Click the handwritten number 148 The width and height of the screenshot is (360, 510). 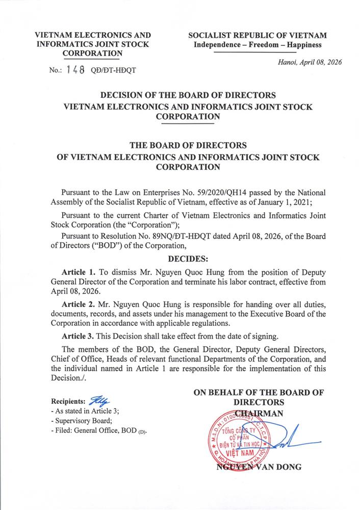(75, 70)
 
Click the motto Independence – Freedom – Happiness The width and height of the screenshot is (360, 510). (258, 45)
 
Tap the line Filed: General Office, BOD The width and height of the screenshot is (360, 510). (99, 431)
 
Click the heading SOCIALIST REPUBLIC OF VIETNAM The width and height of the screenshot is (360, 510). (258, 36)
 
